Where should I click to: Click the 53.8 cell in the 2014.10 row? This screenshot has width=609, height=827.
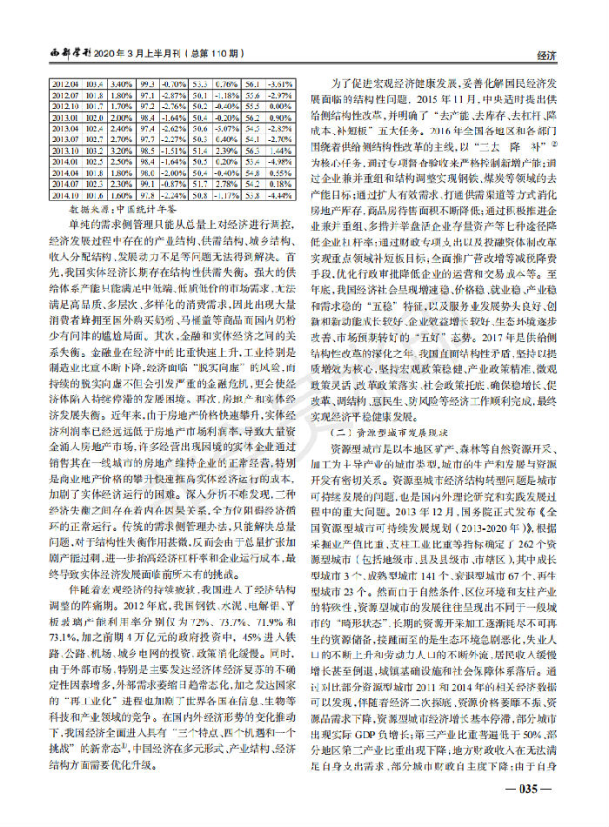click(x=253, y=196)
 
